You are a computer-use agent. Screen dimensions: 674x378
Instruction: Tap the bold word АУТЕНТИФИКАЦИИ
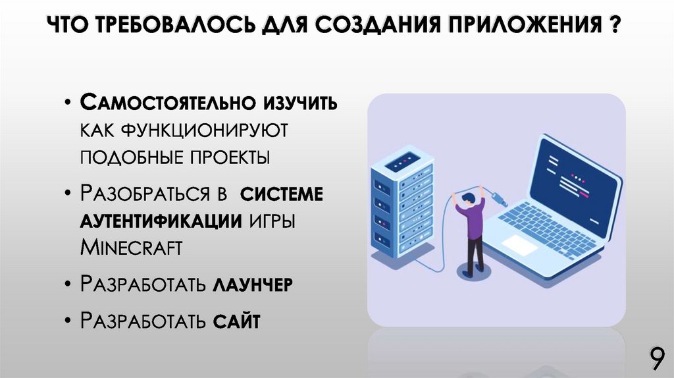[x=161, y=221]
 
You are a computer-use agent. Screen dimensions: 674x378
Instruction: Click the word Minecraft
[x=131, y=248]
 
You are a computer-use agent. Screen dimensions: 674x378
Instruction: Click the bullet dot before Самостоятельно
[x=69, y=104]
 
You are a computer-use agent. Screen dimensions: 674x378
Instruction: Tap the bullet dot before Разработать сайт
[x=69, y=321]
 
